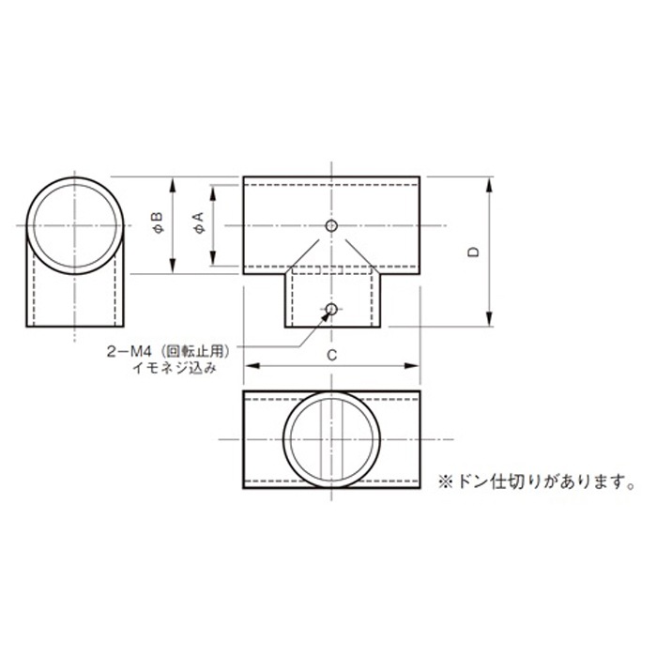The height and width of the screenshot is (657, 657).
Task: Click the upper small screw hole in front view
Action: (x=330, y=225)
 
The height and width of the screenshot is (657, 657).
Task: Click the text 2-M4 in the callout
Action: (x=130, y=351)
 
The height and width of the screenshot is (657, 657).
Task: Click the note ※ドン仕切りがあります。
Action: (x=532, y=482)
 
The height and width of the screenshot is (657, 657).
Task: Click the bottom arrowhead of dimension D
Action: (x=490, y=321)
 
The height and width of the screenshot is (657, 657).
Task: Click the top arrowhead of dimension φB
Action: (x=173, y=184)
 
